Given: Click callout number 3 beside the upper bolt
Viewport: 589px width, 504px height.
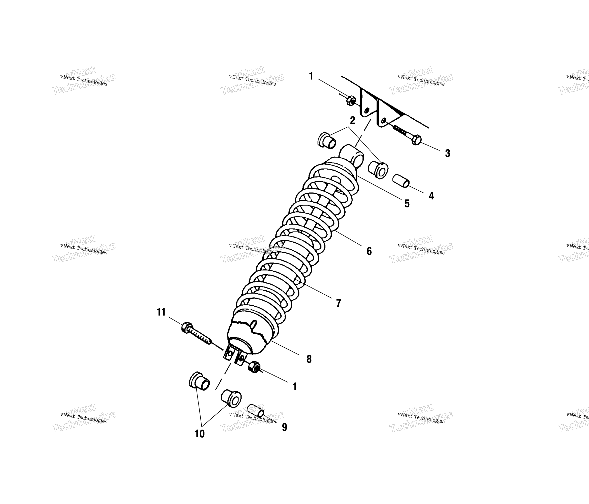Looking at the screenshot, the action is pyautogui.click(x=447, y=154).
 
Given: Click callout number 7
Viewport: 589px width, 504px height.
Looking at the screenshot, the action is pyautogui.click(x=338, y=303).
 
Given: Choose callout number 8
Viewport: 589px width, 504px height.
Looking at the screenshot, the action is pyautogui.click(x=309, y=359).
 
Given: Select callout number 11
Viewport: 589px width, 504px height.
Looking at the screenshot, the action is pyautogui.click(x=161, y=312).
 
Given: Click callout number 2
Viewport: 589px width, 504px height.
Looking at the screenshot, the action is pyautogui.click(x=352, y=121).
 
